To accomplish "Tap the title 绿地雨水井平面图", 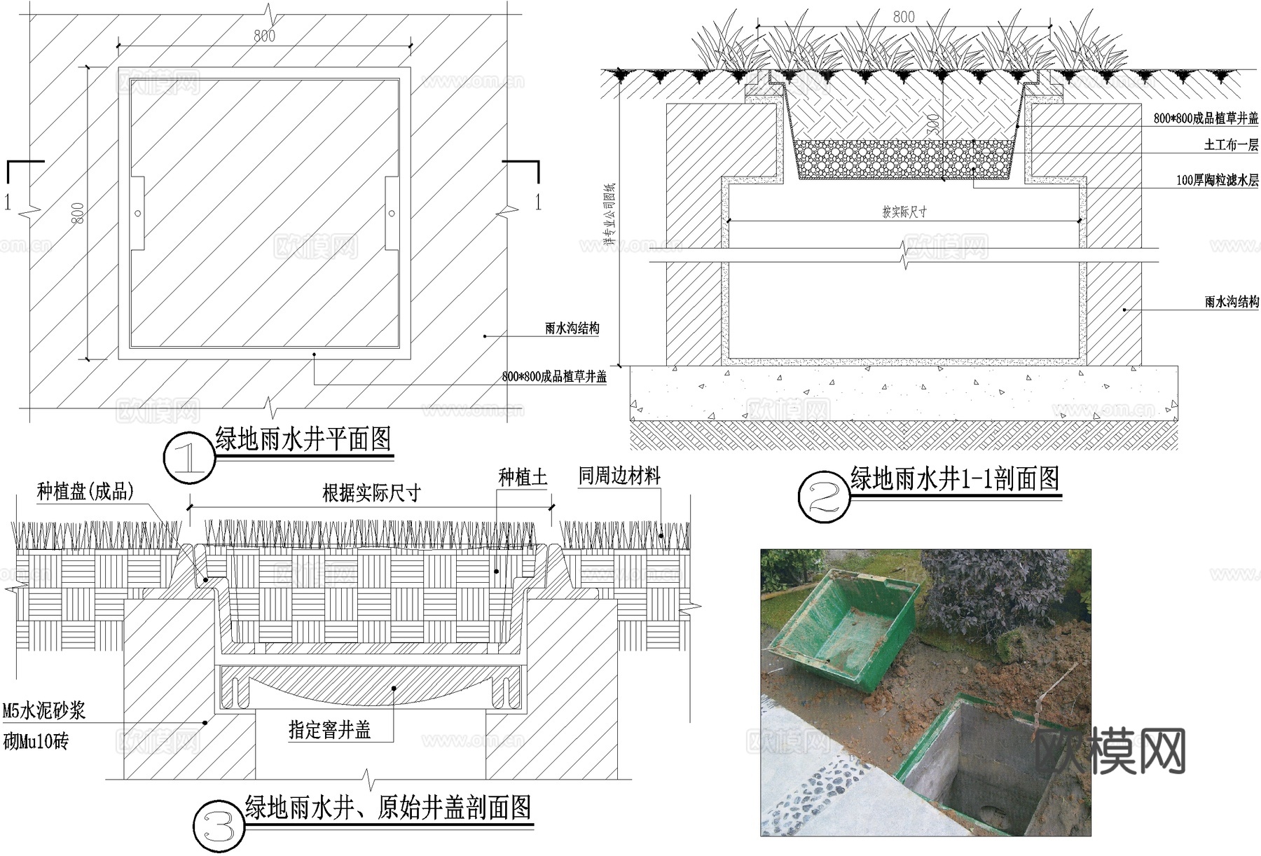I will (x=303, y=440).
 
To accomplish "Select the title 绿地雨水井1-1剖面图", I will (x=954, y=479).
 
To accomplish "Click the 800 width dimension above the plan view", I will (x=264, y=35).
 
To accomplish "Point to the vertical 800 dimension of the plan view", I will (x=78, y=213).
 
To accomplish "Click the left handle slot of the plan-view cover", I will (x=138, y=213).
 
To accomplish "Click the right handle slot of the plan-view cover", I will (x=391, y=213).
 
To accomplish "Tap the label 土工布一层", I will (x=1231, y=145).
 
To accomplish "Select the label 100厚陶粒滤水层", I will (x=1217, y=180).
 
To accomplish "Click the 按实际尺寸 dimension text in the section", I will (x=904, y=212).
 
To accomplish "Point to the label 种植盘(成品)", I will (x=85, y=491).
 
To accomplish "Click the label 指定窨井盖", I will (x=329, y=731).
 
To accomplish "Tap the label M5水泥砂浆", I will (x=43, y=711).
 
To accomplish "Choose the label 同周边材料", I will (x=619, y=476).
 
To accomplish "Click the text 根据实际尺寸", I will (x=371, y=493).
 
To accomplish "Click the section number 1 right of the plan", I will (x=538, y=202).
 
